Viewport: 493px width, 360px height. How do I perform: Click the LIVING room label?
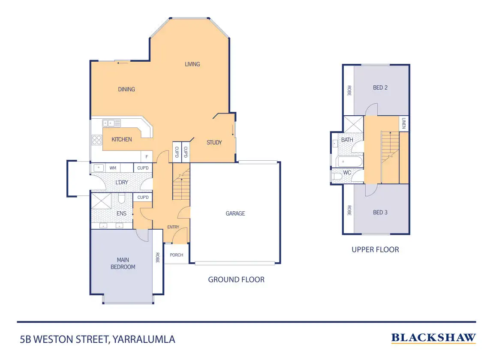tap(192, 64)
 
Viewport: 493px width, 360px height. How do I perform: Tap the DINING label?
tap(126, 90)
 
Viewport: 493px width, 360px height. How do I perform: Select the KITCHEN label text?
tap(122, 139)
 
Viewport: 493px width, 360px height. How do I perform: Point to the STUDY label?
tap(214, 142)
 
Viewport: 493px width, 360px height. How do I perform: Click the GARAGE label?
tap(235, 213)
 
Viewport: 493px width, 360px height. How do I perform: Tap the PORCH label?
tap(176, 255)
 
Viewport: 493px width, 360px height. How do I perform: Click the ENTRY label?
tap(173, 227)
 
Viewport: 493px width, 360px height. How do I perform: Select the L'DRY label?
tap(122, 182)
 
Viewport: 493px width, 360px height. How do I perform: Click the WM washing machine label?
tap(113, 168)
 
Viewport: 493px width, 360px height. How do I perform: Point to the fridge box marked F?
tap(147, 157)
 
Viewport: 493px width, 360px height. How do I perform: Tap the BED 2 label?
tap(380, 88)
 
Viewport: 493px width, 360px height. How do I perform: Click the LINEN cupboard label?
tap(403, 124)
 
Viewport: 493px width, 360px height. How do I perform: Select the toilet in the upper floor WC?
tap(337, 176)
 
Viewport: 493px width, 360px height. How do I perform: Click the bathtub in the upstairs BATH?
tap(349, 162)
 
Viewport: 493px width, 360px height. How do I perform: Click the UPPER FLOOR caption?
tap(375, 249)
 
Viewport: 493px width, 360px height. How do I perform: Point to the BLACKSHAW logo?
tap(433, 338)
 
